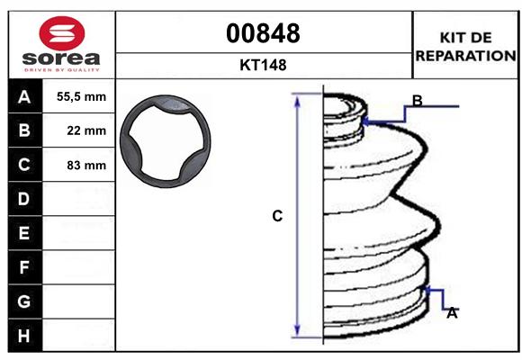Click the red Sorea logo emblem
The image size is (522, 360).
pyautogui.click(x=62, y=33)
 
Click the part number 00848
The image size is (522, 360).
pyautogui.click(x=263, y=33)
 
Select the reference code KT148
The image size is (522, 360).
pyautogui.click(x=263, y=65)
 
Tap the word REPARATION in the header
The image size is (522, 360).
pyautogui.click(x=465, y=56)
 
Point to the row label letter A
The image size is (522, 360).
pyautogui.click(x=24, y=97)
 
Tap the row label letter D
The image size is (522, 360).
pyautogui.click(x=24, y=199)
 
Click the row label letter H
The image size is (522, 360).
pyautogui.click(x=24, y=336)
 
